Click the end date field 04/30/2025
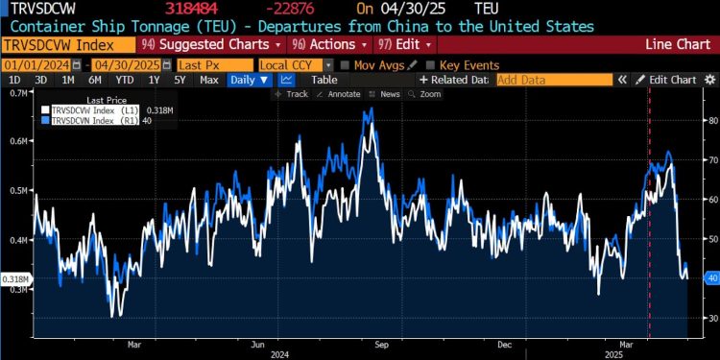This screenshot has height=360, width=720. pyautogui.click(x=122, y=63)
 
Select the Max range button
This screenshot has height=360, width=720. pyautogui.click(x=208, y=80)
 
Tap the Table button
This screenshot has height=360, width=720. pyautogui.click(x=324, y=80)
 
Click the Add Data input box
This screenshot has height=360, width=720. pyautogui.click(x=553, y=80)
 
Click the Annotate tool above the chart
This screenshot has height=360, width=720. pyautogui.click(x=340, y=94)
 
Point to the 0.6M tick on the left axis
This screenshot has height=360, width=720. pyautogui.click(x=17, y=141)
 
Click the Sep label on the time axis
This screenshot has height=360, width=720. pyautogui.click(x=380, y=342)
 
